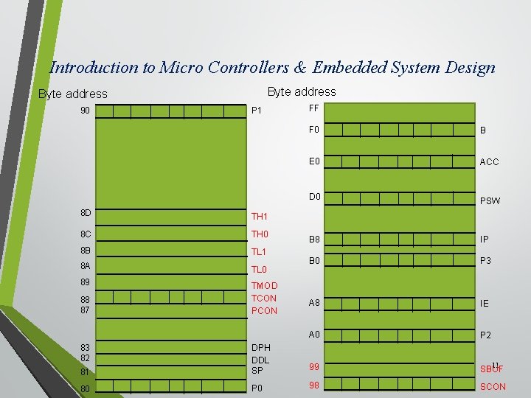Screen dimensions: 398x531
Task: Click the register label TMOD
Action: (265, 285)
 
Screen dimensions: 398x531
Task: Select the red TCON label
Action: (264, 298)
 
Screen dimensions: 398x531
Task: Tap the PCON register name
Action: (265, 310)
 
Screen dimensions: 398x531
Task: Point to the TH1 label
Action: (260, 217)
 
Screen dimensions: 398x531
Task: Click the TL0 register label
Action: (259, 270)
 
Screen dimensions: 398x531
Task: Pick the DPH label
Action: (261, 348)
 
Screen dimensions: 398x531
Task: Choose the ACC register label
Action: (489, 162)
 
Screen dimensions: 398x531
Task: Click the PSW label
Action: (490, 200)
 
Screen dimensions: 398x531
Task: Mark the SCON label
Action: (493, 386)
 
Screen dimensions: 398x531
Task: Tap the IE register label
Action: (485, 303)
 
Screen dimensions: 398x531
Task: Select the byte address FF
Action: (313, 108)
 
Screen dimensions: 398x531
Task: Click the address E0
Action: (314, 161)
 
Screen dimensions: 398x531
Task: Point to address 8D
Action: (86, 213)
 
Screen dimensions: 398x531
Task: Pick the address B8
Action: (314, 239)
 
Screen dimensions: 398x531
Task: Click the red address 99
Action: (314, 366)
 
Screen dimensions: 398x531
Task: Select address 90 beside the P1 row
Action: (86, 111)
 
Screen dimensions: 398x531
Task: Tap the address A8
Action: (314, 302)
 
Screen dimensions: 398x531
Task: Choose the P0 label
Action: (257, 388)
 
